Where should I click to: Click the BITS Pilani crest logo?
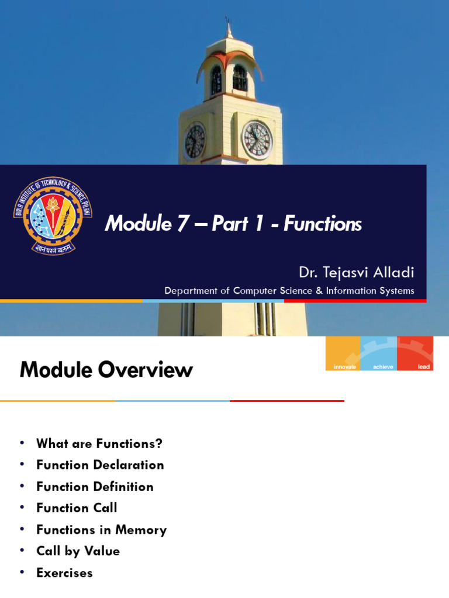pos(53,215)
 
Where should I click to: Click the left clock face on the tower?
pos(195,141)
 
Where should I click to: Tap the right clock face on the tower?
pos(257,140)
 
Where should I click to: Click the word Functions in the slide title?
pos(323,224)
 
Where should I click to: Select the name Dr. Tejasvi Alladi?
pos(356,272)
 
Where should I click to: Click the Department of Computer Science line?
pos(289,290)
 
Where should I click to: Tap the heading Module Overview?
pos(106,370)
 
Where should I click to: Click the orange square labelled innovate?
pos(343,353)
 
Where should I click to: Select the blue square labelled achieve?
pos(378,353)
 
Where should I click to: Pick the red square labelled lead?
pos(415,353)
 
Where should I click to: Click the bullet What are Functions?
pos(99,443)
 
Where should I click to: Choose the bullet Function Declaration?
pos(100,465)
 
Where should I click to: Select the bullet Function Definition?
pos(95,486)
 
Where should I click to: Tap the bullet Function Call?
pos(77,508)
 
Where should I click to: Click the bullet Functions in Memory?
pos(101,530)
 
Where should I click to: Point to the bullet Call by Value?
pos(78,551)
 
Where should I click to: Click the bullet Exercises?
pos(64,573)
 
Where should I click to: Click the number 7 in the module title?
pos(183,224)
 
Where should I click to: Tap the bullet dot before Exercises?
pos(22,572)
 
